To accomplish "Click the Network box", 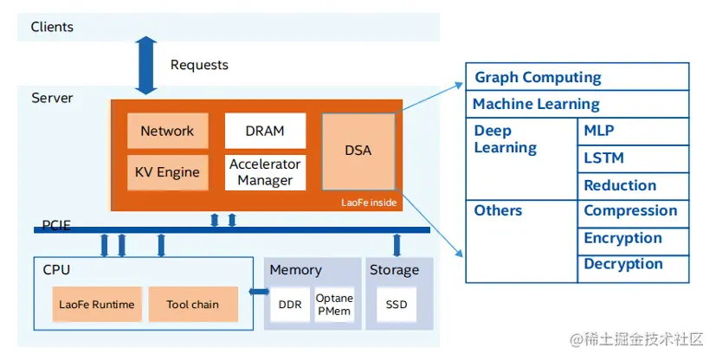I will pyautogui.click(x=167, y=131).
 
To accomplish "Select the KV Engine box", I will pyautogui.click(x=167, y=172).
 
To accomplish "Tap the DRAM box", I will pyautogui.click(x=265, y=131).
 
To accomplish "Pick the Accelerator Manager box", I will pyautogui.click(x=265, y=172).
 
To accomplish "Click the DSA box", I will pyautogui.click(x=358, y=151).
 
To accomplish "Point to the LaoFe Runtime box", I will pyautogui.click(x=96, y=305).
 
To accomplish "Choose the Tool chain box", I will pyautogui.click(x=192, y=305).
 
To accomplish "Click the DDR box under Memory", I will pyautogui.click(x=289, y=305).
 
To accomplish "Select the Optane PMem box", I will pyautogui.click(x=334, y=305).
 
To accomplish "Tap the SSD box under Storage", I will pyautogui.click(x=396, y=305).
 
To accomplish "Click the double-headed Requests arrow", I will pyautogui.click(x=146, y=65).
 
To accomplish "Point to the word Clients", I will pyautogui.click(x=52, y=27).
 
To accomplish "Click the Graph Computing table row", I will pyautogui.click(x=577, y=77).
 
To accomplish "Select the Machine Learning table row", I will pyautogui.click(x=577, y=104).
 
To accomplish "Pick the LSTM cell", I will pyautogui.click(x=633, y=158).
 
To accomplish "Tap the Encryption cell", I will pyautogui.click(x=633, y=238).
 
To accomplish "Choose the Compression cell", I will pyautogui.click(x=633, y=211).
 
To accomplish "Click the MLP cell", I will pyautogui.click(x=633, y=132).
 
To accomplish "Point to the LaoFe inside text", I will pyautogui.click(x=369, y=202).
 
